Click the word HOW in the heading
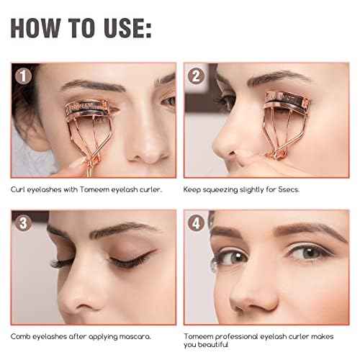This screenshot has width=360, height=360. tap(36, 28)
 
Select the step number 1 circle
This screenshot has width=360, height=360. tap(23, 76)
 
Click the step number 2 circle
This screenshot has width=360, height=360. tap(196, 76)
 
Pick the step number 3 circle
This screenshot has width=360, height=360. tap(23, 223)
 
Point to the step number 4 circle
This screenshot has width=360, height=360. tap(196, 223)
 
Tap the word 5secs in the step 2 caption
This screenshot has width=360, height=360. tap(289, 189)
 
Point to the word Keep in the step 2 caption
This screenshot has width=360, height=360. tap(192, 190)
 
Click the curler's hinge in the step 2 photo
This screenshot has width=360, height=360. tap(279, 153)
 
